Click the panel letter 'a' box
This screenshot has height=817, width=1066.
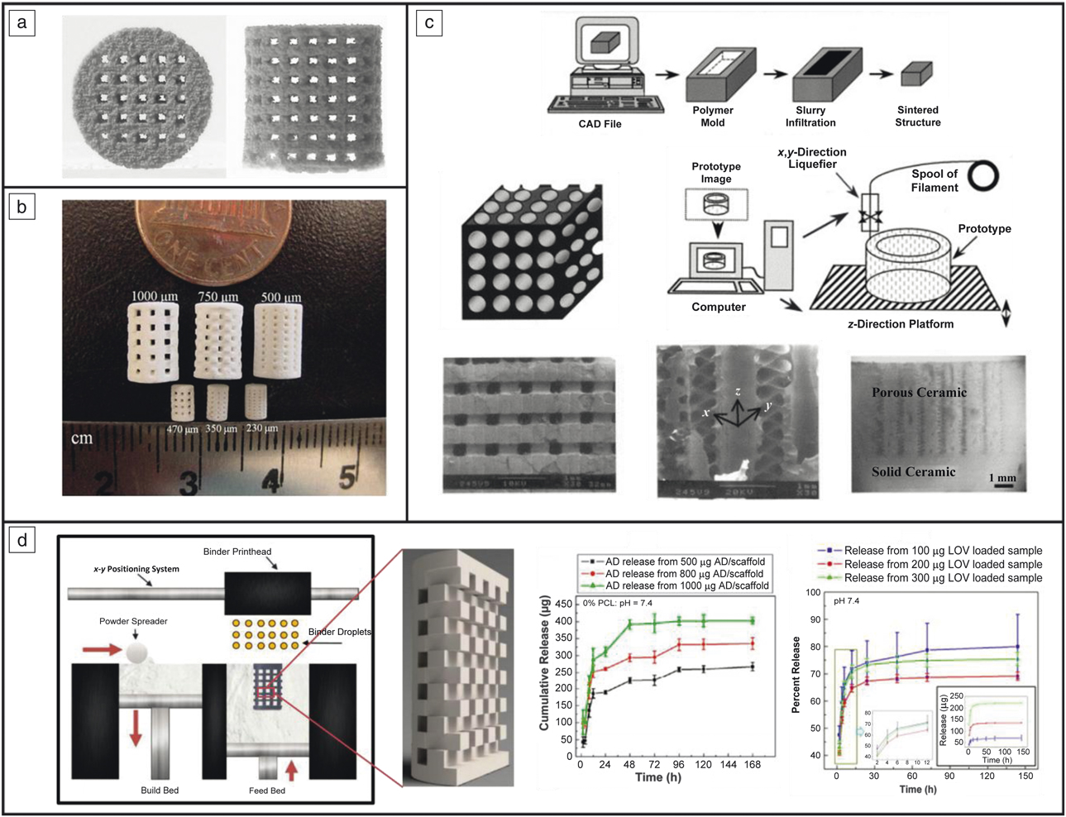22,23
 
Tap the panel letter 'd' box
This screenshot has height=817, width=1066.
22,541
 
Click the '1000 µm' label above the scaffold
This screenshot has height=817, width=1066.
154,296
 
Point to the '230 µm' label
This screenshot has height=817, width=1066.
261,428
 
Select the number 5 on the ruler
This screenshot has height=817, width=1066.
347,477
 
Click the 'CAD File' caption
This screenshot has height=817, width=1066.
600,124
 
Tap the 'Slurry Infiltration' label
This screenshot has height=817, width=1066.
810,117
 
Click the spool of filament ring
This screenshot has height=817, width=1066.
983,175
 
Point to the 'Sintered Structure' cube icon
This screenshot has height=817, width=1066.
916,75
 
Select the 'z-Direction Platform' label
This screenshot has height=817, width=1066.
900,324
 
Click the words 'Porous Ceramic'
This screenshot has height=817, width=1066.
919,392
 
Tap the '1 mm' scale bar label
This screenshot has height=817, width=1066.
1002,478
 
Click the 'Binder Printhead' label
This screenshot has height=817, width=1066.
237,552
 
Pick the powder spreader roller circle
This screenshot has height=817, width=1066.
139,652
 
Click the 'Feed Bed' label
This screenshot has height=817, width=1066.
266,791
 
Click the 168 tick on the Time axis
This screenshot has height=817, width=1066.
752,765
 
